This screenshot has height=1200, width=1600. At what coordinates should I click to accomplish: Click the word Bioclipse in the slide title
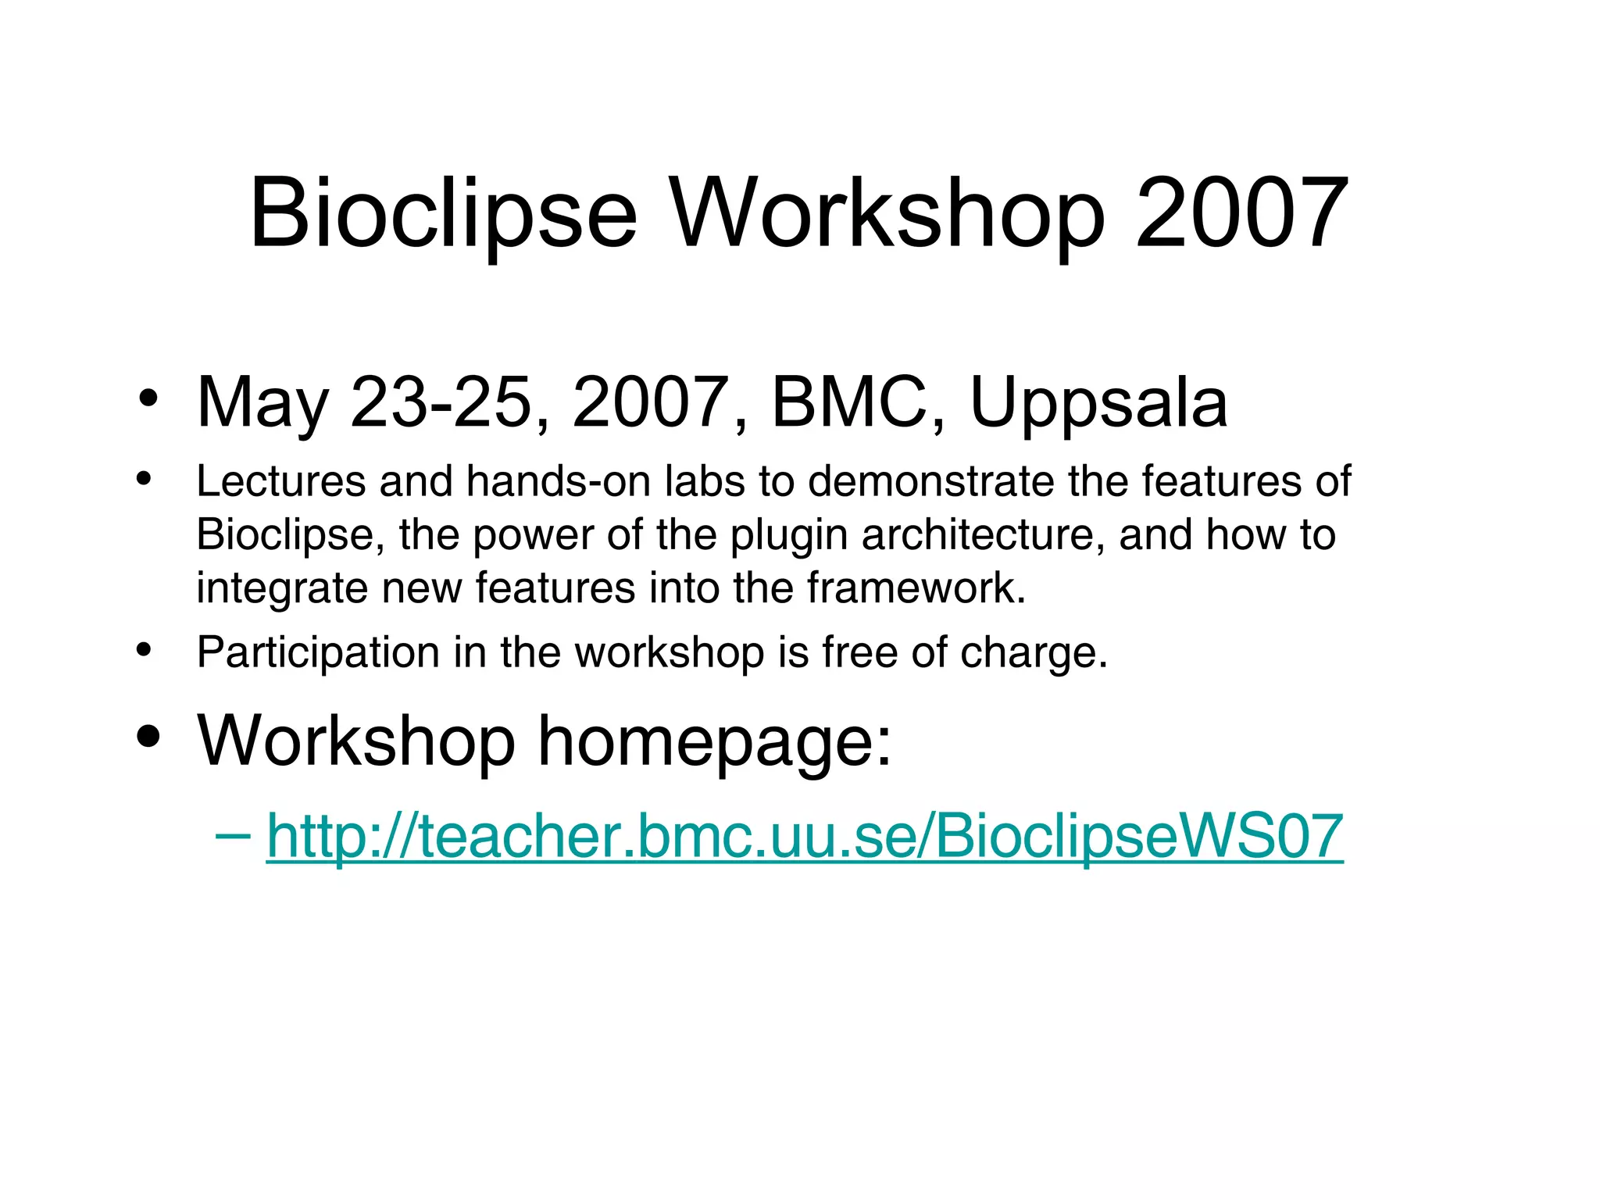(443, 214)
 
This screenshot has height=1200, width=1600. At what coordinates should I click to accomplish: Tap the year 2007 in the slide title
(1242, 214)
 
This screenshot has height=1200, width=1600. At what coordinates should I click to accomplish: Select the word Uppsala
(1098, 405)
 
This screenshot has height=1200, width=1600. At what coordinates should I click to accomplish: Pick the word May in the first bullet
(262, 405)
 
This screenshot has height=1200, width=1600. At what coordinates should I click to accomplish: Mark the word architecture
(983, 535)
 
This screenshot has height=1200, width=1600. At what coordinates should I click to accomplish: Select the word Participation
(318, 653)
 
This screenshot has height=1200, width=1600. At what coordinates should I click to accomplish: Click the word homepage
(714, 742)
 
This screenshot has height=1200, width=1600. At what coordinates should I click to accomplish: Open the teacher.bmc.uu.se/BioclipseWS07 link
(805, 837)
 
